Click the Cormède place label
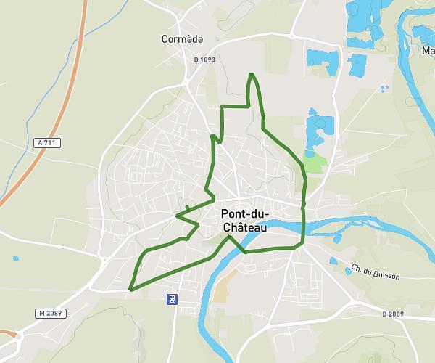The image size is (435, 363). coord(182,38)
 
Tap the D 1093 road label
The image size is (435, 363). coord(206,59)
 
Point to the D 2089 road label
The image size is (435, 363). coord(392,314)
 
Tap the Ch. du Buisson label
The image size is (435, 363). coord(375,271)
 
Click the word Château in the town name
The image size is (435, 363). coord(242,228)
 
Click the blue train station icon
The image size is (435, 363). coord(172,298)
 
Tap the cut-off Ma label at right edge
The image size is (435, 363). coord(428,51)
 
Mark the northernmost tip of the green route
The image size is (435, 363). coord(252,73)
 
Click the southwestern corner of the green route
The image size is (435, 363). coord(130,289)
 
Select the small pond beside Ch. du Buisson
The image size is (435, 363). coord(333,261)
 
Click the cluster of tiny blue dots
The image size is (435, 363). coord(384,89)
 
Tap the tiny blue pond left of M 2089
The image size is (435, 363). coord(15,258)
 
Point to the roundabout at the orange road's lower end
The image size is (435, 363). coord(9,336)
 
